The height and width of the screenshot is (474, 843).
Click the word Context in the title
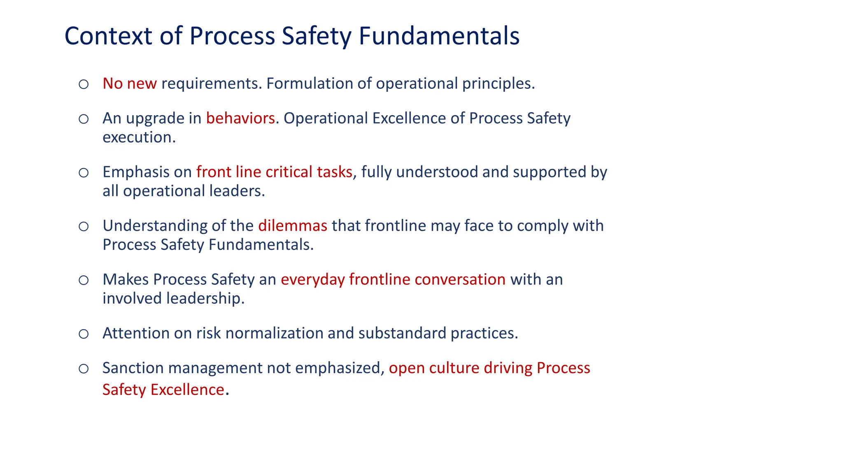tap(108, 36)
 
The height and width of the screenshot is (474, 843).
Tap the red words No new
tap(129, 84)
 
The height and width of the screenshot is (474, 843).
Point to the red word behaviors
tap(240, 118)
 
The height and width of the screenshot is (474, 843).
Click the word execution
tap(139, 137)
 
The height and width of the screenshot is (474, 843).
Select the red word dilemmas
tap(293, 226)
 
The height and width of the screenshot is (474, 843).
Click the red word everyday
tap(313, 280)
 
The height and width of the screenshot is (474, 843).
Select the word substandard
tap(402, 333)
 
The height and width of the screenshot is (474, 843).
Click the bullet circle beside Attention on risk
tap(84, 334)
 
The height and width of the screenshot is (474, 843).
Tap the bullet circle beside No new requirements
tap(84, 84)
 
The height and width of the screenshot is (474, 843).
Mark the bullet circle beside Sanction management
tap(84, 369)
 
